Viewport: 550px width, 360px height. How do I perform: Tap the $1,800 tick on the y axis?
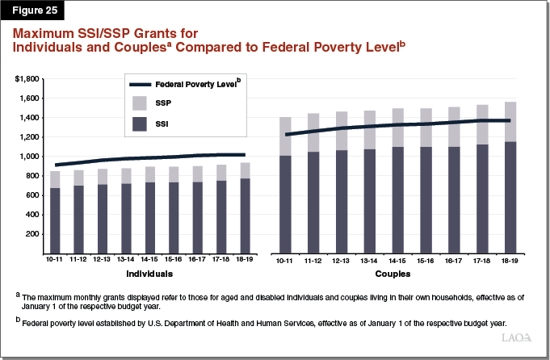[27, 79]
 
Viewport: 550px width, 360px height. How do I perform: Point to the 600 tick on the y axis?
[33, 195]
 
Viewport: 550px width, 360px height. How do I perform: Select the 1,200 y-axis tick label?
[31, 137]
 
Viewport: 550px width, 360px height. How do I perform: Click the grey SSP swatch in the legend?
[139, 103]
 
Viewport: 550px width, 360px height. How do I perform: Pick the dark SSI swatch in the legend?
[139, 123]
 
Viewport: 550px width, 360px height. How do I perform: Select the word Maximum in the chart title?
[50, 34]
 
